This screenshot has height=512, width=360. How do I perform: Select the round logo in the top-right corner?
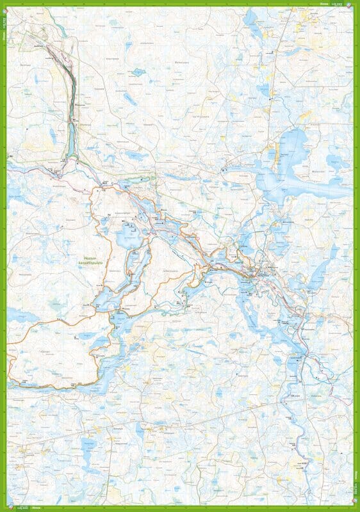349,4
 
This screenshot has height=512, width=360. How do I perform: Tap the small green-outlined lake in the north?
138,72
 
